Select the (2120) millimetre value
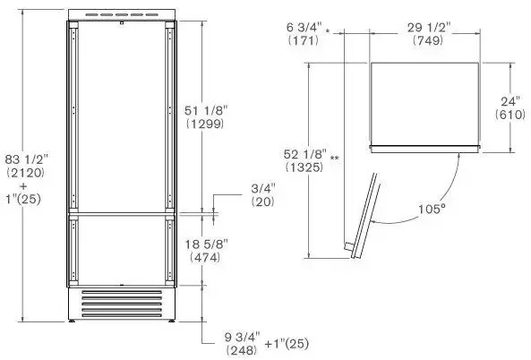[x=24, y=170]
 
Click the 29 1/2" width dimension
[x=427, y=28]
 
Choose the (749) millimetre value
[x=427, y=41]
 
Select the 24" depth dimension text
[x=511, y=101]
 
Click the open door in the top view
[x=361, y=214]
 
